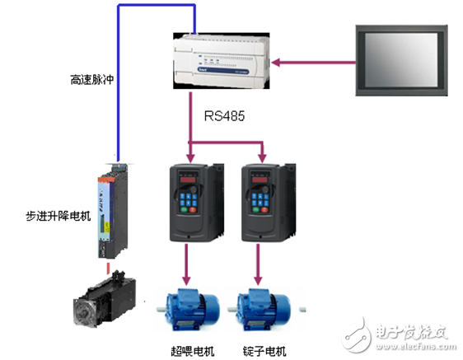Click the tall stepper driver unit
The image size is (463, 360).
[111, 210]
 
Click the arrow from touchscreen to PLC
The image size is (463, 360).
[313, 60]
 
